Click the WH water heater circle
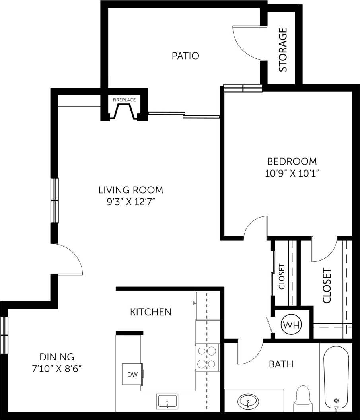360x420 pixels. pos(292,325)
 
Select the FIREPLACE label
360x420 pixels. pos(124,100)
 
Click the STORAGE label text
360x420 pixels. pos(283,50)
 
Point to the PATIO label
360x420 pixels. pos(185,56)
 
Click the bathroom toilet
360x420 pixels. pos(303,397)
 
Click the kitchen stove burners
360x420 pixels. pos(207,357)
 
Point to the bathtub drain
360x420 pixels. pos(337,401)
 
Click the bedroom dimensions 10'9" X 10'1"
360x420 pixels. pos(292,173)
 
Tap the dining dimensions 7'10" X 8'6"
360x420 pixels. pos(56,368)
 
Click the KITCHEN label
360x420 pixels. pos(151,312)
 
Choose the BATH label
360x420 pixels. pos(281,364)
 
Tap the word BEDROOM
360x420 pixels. pos(292,161)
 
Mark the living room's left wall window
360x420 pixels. pos(54,200)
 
